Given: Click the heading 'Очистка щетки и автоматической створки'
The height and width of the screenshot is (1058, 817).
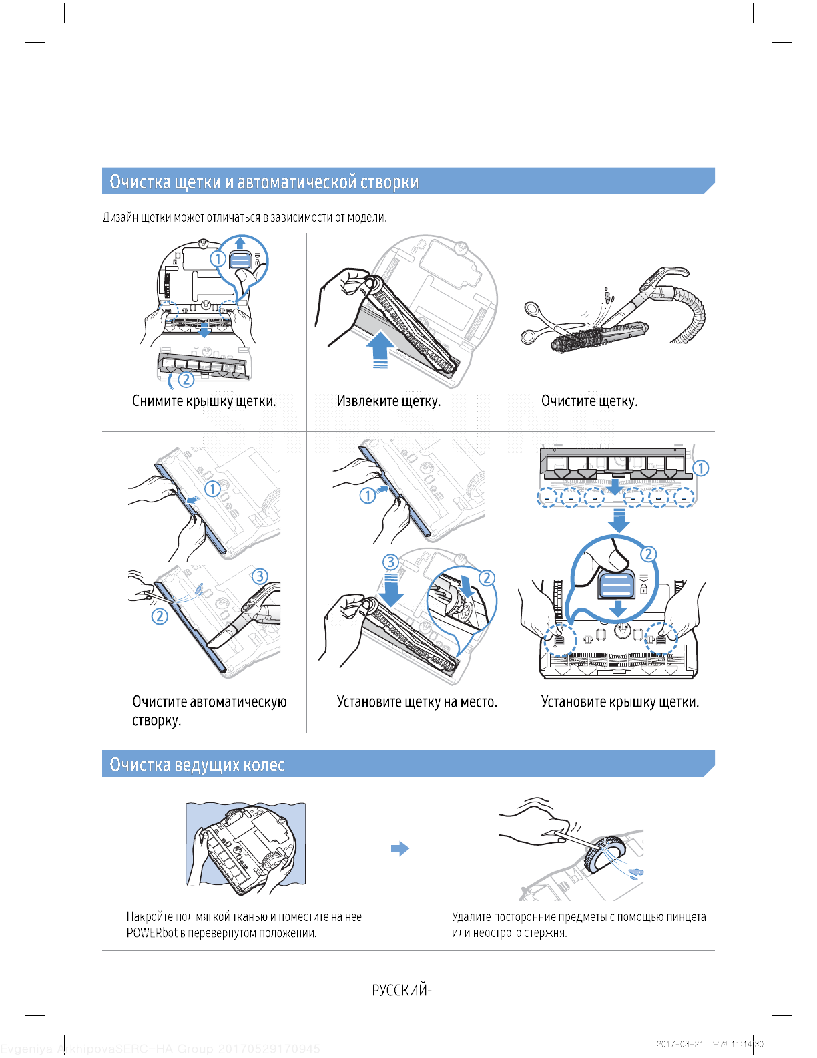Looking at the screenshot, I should (x=264, y=182).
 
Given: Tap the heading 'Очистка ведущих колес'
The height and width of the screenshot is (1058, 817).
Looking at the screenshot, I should (x=197, y=765).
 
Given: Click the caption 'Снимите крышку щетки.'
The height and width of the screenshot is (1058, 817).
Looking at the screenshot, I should (x=204, y=401).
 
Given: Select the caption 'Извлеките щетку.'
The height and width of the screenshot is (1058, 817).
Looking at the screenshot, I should (x=388, y=401).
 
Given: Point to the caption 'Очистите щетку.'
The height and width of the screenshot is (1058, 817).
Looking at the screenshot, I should (x=589, y=401).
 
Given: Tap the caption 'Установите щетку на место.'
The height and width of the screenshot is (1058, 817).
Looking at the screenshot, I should (x=417, y=702).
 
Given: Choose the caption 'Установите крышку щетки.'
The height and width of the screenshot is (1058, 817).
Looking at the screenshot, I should (x=619, y=702).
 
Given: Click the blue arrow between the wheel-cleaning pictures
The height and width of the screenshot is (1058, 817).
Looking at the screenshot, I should (x=400, y=849).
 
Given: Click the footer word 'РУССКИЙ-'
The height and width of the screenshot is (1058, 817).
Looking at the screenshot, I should (x=401, y=990).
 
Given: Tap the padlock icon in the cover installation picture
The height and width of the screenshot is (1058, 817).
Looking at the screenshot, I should (x=643, y=589).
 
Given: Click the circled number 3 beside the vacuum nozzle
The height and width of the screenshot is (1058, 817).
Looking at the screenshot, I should (x=260, y=576).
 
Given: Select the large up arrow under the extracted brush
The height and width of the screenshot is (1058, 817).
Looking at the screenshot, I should (x=380, y=349).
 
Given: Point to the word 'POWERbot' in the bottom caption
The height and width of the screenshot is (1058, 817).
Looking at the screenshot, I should (x=152, y=933).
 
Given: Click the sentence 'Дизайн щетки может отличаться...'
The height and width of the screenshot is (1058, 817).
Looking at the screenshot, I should (x=244, y=218).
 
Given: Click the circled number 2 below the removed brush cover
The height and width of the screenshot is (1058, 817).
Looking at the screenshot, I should (x=186, y=379).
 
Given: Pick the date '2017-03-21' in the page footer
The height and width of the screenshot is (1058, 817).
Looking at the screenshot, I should (x=679, y=1044).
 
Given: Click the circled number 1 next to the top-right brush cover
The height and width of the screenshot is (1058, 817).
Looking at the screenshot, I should (x=700, y=468).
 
